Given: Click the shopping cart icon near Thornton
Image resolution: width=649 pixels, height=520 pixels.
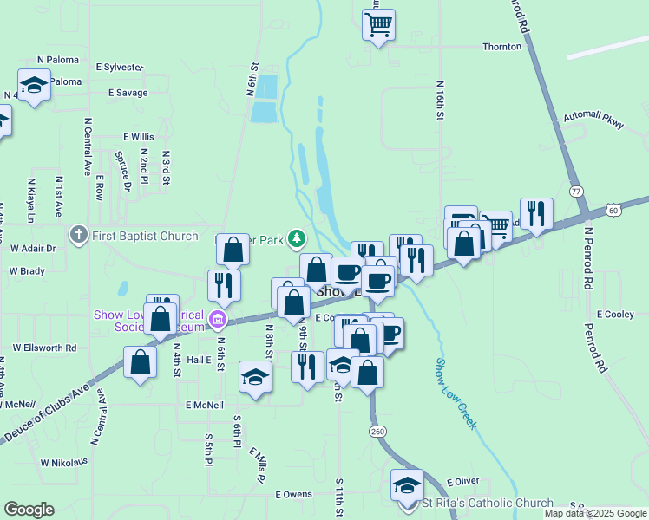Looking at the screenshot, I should (379, 24).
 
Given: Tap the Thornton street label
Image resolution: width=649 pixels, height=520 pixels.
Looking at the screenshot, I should (501, 47).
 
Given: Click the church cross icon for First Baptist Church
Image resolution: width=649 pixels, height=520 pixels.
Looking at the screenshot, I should (78, 235).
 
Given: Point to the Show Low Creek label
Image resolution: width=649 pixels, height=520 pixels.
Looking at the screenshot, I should (456, 393).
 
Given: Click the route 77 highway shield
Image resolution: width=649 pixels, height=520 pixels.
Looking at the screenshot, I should (575, 189).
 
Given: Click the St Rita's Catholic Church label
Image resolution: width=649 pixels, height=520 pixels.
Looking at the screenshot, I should (487, 503).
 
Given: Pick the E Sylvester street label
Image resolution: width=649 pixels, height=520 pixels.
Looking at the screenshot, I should (120, 67).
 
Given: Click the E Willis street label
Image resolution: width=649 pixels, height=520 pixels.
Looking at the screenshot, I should (138, 137).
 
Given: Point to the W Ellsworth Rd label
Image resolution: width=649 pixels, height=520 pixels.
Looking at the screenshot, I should (43, 348).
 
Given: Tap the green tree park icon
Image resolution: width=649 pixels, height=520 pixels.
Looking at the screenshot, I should (297, 237).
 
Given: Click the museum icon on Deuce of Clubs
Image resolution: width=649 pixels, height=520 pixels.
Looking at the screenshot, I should (217, 322).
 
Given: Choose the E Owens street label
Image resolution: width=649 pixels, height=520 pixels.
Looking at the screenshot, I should (293, 494).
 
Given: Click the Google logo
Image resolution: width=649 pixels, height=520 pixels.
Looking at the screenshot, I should (29, 510).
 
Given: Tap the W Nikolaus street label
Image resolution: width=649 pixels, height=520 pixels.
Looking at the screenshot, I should (64, 462).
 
